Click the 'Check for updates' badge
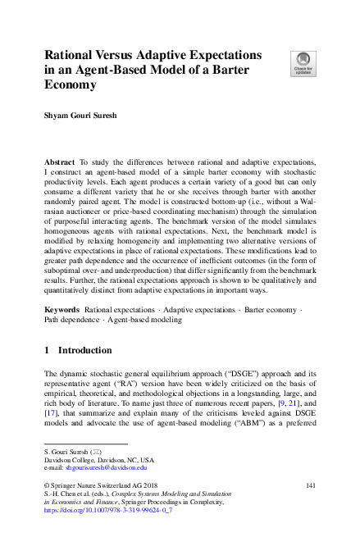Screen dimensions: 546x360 (x=302, y=62)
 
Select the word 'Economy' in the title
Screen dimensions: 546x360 (x=71, y=84)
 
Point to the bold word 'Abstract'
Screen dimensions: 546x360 (x=61, y=163)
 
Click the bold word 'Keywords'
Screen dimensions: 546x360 (x=62, y=310)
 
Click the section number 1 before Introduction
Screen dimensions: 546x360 (x=47, y=351)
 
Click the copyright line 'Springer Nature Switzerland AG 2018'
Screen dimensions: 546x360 (x=103, y=487)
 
